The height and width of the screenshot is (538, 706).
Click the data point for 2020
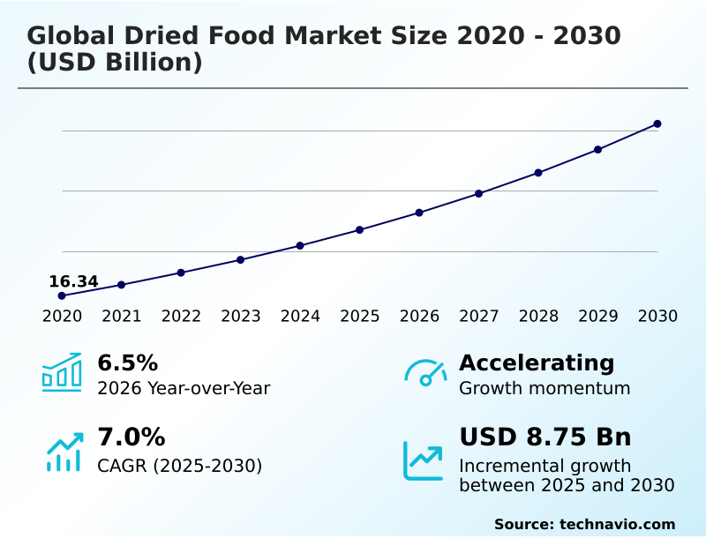62,295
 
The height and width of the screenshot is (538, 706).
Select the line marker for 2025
360,230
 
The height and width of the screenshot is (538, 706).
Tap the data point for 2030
657,123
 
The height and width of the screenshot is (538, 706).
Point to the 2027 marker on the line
479,193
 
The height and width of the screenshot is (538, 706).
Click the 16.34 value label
73,281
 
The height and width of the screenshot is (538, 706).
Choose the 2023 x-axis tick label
241,317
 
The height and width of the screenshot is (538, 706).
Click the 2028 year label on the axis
538,317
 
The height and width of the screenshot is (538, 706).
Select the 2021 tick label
122,317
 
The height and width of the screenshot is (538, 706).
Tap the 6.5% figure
127,362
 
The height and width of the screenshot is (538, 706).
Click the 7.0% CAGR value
131,437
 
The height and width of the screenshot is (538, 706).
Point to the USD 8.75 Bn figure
545,437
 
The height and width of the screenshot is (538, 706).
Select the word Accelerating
537,362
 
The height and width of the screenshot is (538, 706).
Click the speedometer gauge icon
425,373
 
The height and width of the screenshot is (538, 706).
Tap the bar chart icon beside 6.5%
62,373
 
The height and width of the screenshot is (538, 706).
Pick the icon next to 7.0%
64,451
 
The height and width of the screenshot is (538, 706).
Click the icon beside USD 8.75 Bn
424,460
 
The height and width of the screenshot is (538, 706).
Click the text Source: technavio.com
584,524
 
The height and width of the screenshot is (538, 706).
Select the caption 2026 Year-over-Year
184,388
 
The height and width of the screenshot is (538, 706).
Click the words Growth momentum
545,388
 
